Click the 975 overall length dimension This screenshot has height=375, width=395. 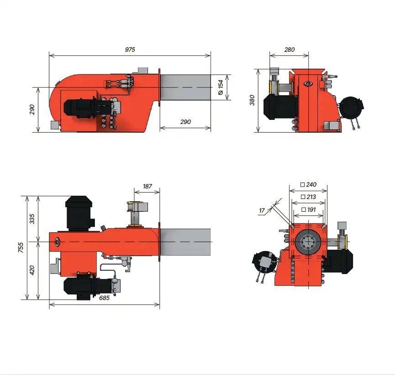tap(130, 49)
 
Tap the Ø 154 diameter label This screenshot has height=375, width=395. tap(221, 87)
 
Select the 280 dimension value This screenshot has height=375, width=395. tap(290, 49)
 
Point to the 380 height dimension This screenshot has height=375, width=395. tap(252, 100)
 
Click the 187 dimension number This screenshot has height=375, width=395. tap(147, 186)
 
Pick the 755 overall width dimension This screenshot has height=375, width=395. tap(21, 247)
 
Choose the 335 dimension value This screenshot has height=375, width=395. tap(32, 219)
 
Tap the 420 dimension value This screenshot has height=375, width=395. tap(32, 270)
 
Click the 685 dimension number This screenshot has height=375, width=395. tap(104, 298)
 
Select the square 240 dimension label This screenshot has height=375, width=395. tap(309, 184)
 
